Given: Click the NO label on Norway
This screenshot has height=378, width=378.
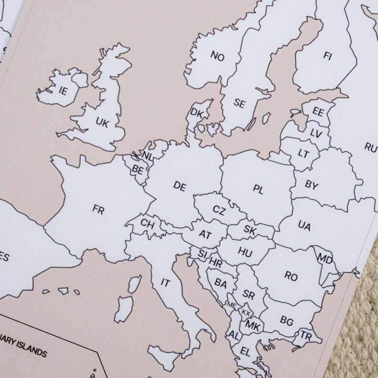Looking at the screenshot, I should (217, 57).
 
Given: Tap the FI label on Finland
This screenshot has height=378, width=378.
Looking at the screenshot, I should (327, 56).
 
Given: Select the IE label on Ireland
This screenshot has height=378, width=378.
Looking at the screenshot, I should (63, 90).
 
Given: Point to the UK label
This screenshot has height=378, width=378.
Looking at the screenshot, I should (102, 122).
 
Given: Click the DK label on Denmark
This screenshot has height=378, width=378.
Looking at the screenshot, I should (197, 113).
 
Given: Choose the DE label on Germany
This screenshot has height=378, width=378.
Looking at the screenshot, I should (179, 186).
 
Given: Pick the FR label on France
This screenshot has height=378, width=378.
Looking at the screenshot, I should (98, 209).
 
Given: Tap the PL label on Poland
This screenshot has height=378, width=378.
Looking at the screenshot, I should (258, 189).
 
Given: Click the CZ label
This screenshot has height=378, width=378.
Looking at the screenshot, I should (219, 210).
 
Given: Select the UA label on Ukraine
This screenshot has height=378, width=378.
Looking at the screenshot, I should (304, 225).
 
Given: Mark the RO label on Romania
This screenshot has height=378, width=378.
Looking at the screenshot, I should (291, 275).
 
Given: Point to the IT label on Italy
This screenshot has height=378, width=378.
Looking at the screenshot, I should (165, 282).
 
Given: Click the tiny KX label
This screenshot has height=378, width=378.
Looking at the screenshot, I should (246, 312).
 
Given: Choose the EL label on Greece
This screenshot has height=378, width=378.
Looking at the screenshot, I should (245, 352).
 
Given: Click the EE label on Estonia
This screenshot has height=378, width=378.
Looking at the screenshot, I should (318, 112).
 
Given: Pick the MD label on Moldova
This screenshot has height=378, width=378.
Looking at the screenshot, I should (325, 260).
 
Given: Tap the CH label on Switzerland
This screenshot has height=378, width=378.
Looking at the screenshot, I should (147, 223).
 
